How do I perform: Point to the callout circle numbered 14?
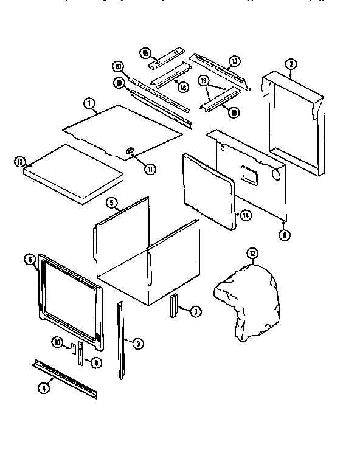click(x=245, y=215)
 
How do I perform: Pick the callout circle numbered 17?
click(x=234, y=61)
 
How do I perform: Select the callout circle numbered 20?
click(x=118, y=66)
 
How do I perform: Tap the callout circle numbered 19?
click(x=204, y=80)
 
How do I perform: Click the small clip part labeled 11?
click(x=129, y=148)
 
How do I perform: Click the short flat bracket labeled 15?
click(x=162, y=60)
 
